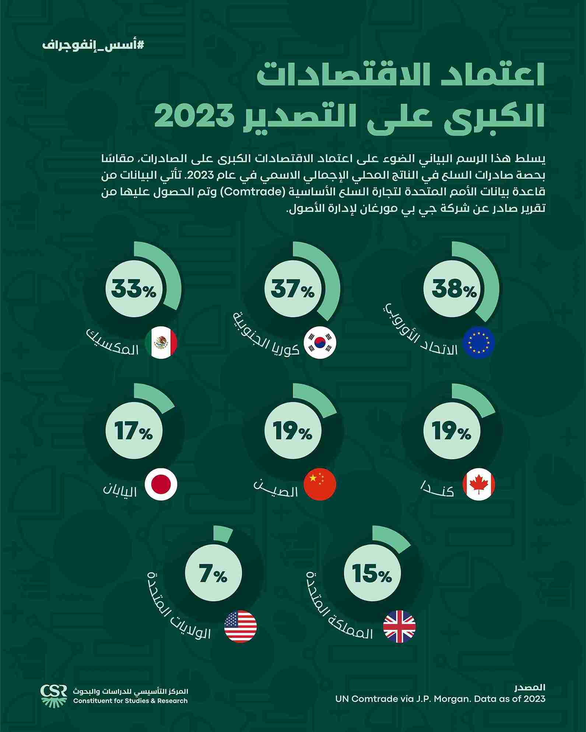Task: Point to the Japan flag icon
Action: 161,484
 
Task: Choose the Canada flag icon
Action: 478,484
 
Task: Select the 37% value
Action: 293,289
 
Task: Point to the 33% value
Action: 134,289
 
